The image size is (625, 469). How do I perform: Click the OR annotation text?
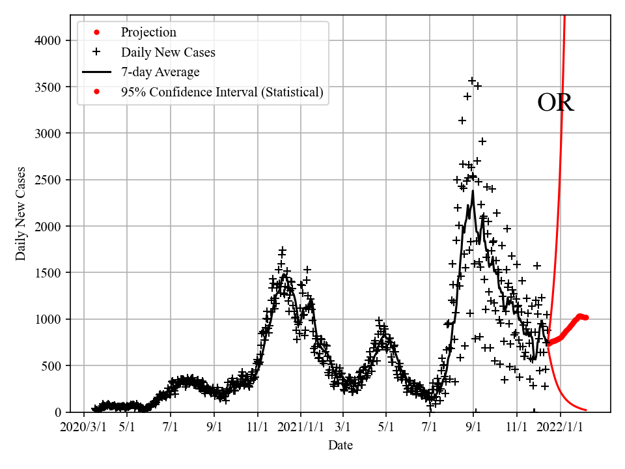[555, 104]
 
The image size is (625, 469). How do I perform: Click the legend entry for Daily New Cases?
[168, 52]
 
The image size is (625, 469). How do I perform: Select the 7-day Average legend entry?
[160, 72]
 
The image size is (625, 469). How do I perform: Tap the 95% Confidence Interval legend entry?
[222, 92]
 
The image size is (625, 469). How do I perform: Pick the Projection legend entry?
[148, 32]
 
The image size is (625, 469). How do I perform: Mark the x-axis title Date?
[340, 446]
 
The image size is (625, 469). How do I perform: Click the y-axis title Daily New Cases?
[21, 214]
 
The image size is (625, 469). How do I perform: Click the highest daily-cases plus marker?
[473, 81]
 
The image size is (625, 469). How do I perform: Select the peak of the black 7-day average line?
[473, 190]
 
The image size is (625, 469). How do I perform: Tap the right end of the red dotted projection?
[586, 317]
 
